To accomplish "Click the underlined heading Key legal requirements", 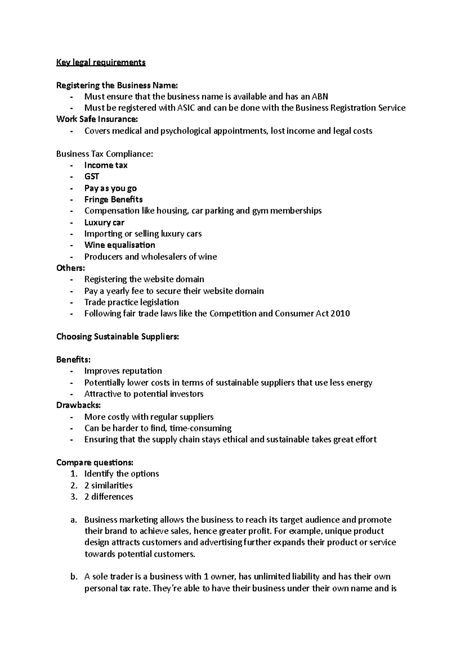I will [x=101, y=62].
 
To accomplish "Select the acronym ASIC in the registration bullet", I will [x=186, y=108].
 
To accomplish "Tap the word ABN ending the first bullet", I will [x=320, y=96].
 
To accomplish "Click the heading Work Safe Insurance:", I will [x=97, y=119].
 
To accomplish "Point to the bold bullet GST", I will [x=92, y=176].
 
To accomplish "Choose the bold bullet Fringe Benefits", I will [x=114, y=200].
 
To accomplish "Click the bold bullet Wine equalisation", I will [x=120, y=245].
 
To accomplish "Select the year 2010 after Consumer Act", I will [x=341, y=314].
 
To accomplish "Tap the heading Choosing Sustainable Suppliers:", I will [x=117, y=337].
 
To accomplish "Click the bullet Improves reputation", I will [x=123, y=371].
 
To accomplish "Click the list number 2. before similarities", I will [x=74, y=486].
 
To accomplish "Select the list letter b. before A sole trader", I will [x=74, y=577].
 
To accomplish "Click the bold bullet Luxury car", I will [x=104, y=222].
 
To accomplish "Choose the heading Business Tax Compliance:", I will [x=105, y=154].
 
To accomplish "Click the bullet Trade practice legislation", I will [x=132, y=303].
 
